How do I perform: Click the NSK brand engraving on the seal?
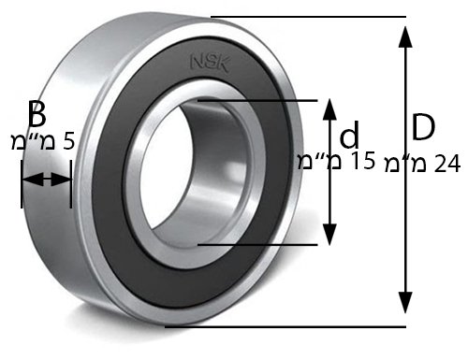(x=210, y=64)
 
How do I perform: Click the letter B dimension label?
(x=37, y=114)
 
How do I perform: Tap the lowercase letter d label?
(x=349, y=135)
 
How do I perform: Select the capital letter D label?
(x=423, y=127)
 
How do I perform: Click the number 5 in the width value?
(x=69, y=141)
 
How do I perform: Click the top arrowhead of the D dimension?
(x=405, y=36)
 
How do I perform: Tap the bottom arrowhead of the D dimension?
(x=405, y=303)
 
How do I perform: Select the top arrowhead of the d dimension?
(x=329, y=109)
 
